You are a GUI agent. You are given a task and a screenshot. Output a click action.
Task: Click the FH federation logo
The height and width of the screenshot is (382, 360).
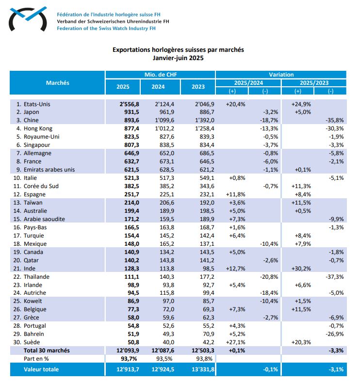pos(28,19)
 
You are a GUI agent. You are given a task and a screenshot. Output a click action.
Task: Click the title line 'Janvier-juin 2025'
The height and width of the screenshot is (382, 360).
pos(178,58)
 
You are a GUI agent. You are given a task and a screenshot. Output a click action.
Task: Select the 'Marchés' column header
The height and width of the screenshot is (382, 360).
pos(58,83)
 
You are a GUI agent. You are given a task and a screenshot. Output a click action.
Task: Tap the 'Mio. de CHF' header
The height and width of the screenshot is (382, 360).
pos(161,75)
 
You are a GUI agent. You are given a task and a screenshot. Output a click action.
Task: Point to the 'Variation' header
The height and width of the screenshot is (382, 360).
pos(281,75)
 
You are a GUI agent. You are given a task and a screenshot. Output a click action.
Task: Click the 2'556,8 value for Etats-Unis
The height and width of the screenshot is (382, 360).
pos(129,104)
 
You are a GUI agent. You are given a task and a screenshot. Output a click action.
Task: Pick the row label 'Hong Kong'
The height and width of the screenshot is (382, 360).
pos(38,128)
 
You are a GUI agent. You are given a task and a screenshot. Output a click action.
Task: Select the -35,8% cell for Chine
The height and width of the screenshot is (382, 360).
pos(335,120)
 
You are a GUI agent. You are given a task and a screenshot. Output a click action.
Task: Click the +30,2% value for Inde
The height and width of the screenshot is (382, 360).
pos(301,269)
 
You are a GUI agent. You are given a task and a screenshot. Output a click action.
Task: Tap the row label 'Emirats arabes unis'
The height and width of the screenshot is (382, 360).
pos(49,170)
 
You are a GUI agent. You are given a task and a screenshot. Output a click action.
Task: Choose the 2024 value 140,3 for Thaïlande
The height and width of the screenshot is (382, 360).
pos(167,277)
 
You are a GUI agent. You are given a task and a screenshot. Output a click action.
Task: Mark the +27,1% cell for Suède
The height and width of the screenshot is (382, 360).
pos(236,342)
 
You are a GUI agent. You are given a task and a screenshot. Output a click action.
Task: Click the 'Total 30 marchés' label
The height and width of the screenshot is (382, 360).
pos(47,350)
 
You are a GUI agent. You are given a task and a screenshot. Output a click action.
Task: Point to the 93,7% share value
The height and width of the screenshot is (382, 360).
pos(129,359)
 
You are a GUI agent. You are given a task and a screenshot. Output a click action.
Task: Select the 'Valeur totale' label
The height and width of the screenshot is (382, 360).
pos(41,369)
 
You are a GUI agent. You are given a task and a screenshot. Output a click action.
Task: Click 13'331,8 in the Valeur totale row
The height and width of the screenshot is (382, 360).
pos(203,369)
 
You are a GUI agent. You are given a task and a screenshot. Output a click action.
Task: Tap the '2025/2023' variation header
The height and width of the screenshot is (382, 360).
pos(314,83)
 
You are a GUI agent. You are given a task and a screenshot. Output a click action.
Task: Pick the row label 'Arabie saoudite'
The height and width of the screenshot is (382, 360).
pos(44,219)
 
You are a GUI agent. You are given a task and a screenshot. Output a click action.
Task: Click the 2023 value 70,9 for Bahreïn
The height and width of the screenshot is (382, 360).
pos(207,334)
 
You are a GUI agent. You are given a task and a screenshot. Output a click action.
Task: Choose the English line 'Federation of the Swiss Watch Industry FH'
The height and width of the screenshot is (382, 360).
pos(106,28)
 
